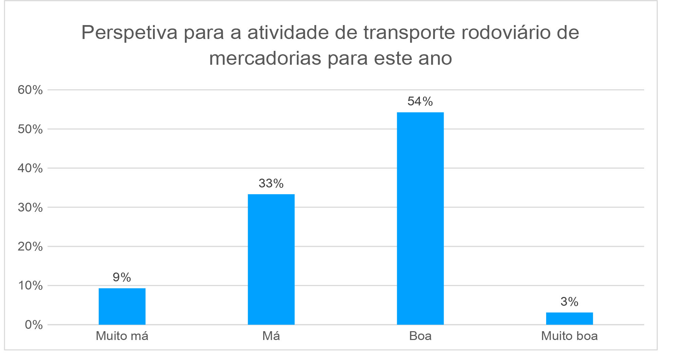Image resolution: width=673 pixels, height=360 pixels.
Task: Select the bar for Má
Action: coord(271,259)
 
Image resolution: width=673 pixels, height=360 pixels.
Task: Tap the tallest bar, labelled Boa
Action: coord(420,218)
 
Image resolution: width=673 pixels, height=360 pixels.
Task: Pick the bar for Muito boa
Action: coord(569,318)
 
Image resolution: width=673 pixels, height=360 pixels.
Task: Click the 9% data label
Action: coord(122,277)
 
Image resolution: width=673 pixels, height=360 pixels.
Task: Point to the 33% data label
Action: coord(271,183)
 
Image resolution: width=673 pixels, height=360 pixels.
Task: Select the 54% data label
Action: coord(420,101)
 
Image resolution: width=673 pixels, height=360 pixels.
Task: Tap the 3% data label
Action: coord(569,302)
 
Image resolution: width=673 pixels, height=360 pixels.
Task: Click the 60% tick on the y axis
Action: coord(30,90)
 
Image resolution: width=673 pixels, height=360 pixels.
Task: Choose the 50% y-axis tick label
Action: coord(30,129)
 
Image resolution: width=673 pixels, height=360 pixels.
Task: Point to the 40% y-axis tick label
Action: coord(30,168)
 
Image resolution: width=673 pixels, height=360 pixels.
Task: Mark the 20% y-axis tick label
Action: coord(30,246)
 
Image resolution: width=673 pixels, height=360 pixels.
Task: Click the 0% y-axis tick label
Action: coord(34,325)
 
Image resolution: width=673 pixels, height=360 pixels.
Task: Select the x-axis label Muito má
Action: coord(122,336)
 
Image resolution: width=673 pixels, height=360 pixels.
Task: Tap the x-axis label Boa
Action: coord(420,336)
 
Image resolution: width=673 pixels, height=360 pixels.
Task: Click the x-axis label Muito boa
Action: coord(569,336)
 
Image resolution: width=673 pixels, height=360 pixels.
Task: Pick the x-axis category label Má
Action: coord(271,336)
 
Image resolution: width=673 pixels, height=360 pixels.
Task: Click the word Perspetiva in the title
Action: coord(129,33)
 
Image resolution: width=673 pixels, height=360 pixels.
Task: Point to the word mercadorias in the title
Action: coord(265,58)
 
